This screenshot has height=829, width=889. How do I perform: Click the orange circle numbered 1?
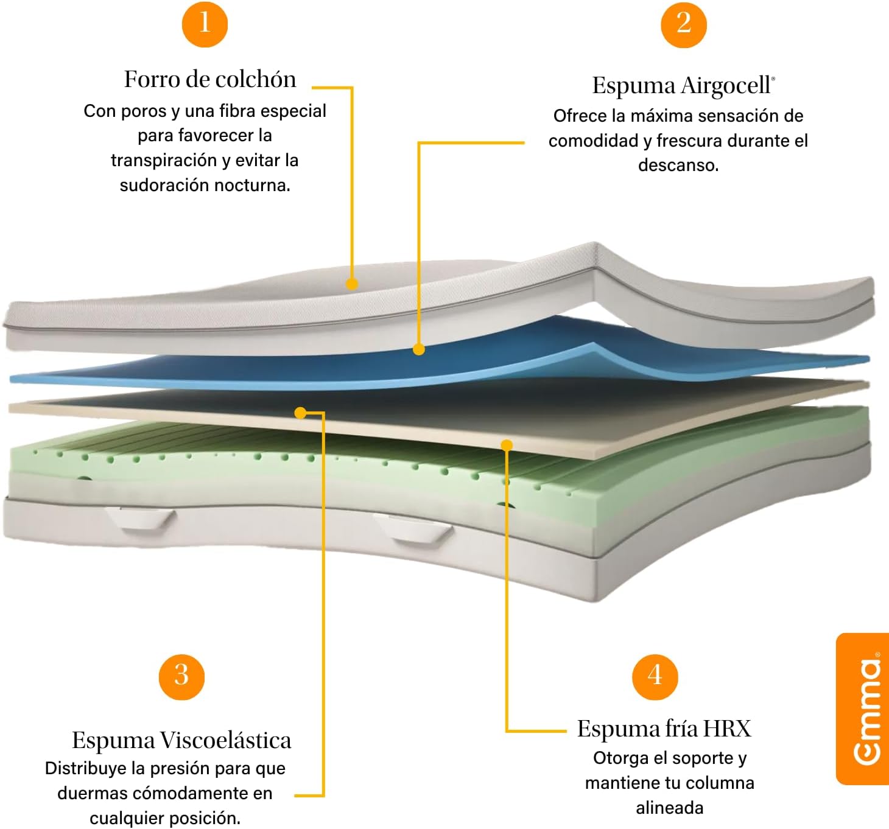[205, 24]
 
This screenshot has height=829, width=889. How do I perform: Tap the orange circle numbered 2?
[684, 24]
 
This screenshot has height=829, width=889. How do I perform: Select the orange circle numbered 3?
[181, 677]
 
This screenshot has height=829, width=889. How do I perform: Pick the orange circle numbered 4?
[655, 677]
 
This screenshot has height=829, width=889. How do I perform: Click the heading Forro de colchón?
[210, 79]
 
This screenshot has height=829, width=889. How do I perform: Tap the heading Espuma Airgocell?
[684, 85]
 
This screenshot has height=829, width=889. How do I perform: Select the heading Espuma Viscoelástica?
[181, 740]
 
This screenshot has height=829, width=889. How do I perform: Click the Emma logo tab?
[863, 709]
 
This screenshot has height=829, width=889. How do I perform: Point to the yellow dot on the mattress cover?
[352, 284]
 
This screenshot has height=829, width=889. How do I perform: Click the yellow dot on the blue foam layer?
[418, 349]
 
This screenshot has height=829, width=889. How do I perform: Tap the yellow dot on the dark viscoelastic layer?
[301, 413]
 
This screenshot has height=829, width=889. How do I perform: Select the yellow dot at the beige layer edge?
[507, 445]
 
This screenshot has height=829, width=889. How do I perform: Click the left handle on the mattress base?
[139, 519]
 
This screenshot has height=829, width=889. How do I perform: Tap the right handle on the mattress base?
[413, 528]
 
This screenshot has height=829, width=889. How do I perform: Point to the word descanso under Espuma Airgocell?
[678, 165]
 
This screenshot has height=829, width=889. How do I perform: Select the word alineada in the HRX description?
[670, 808]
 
